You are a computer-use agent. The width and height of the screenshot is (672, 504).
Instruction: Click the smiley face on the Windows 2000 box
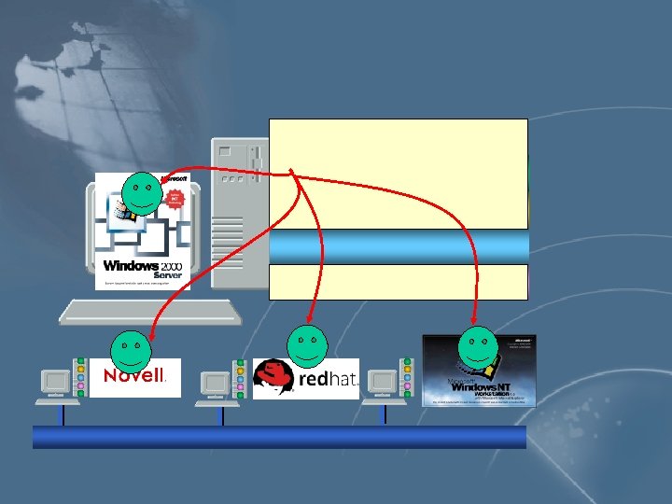[143, 192]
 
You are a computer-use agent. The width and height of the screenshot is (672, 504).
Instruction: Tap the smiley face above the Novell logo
[132, 349]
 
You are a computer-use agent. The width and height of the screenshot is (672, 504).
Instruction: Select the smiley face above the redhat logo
[307, 345]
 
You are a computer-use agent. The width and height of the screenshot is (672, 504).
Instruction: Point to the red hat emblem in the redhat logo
[275, 377]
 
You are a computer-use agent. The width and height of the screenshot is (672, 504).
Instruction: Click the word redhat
[327, 380]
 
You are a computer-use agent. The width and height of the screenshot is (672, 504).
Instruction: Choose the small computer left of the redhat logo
[217, 384]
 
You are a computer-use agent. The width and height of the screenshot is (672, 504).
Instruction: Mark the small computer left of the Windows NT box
[383, 384]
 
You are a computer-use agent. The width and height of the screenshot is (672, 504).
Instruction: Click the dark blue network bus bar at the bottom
[279, 437]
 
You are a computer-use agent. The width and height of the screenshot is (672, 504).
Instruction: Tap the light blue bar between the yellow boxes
[399, 246]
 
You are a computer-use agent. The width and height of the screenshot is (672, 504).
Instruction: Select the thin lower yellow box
[399, 281]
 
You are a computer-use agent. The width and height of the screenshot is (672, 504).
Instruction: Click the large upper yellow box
[399, 174]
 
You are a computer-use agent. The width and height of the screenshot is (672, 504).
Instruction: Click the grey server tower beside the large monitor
[233, 215]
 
